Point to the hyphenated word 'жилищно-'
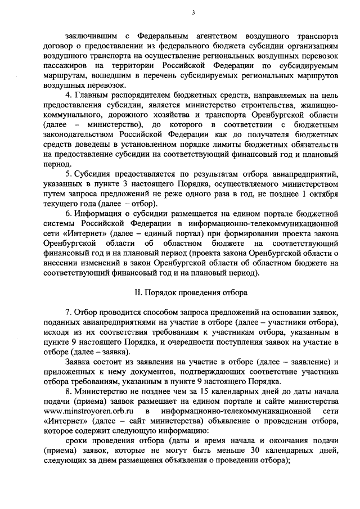319,103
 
